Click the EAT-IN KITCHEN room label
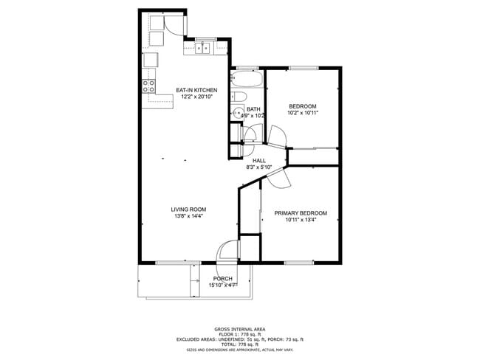(x=196, y=90)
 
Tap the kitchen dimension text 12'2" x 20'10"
(x=196, y=97)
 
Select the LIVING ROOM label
(x=188, y=210)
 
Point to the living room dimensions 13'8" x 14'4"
(x=188, y=216)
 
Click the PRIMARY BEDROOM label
(x=301, y=213)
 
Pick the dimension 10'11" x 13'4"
(x=301, y=220)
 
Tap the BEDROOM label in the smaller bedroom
(x=303, y=106)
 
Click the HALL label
(x=259, y=160)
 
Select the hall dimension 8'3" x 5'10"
(x=259, y=167)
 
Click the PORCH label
(x=223, y=278)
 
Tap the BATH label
(x=253, y=109)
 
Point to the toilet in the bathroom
(x=238, y=97)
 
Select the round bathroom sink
(x=237, y=113)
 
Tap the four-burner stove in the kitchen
(x=150, y=84)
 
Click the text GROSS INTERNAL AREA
(x=240, y=329)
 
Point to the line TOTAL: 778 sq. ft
(x=240, y=344)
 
